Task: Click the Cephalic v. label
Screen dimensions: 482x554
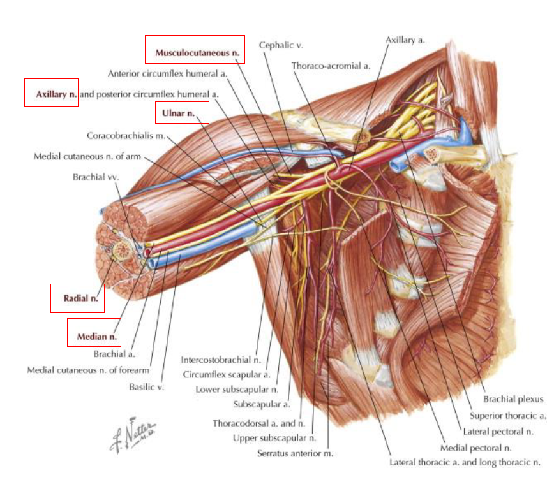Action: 281,45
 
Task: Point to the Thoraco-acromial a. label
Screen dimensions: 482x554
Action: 331,66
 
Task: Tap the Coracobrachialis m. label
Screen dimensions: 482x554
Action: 126,135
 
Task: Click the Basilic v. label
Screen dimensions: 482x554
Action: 146,386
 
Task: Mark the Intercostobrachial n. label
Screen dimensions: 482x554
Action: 221,360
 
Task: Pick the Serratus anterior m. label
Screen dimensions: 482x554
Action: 295,454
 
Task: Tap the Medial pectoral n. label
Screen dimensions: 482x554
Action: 475,448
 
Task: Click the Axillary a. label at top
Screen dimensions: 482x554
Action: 405,40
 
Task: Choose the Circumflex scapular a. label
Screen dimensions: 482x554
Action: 226,374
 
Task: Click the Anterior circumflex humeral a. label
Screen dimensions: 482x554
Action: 168,73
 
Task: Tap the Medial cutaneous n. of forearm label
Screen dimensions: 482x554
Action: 88,370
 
